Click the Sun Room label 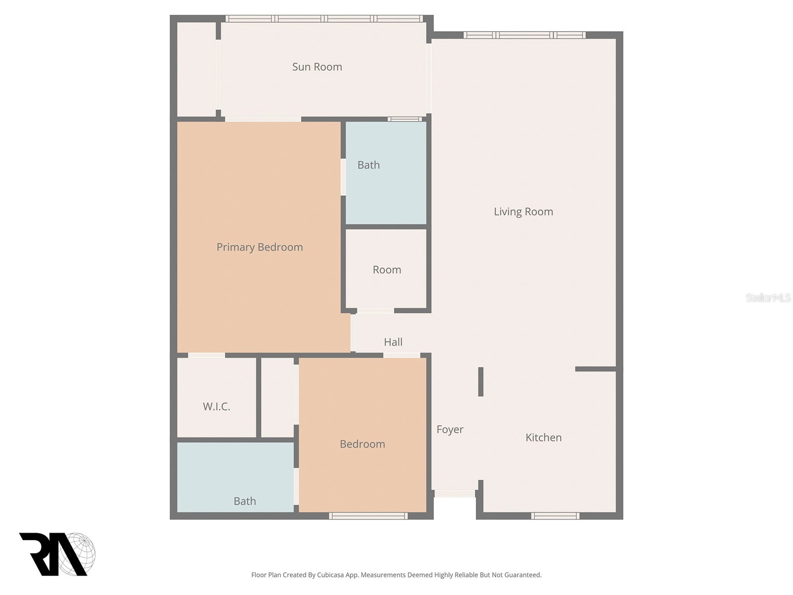tap(317, 67)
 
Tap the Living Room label tap(523, 212)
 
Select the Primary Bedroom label tap(259, 247)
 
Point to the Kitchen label tap(543, 437)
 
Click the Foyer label tap(450, 429)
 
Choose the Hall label tap(393, 342)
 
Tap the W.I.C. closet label tap(216, 407)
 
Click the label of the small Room tap(387, 270)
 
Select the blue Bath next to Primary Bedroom tap(369, 165)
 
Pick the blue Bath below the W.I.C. tap(244, 501)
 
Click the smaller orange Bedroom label tap(362, 444)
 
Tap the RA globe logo tap(57, 554)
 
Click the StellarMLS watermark tap(768, 297)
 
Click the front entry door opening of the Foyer tap(454, 493)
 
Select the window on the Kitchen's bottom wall tap(555, 516)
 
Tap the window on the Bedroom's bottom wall tap(368, 516)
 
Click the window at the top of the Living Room tap(524, 35)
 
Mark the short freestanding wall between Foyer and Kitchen tap(480, 381)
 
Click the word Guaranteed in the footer tap(522, 575)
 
